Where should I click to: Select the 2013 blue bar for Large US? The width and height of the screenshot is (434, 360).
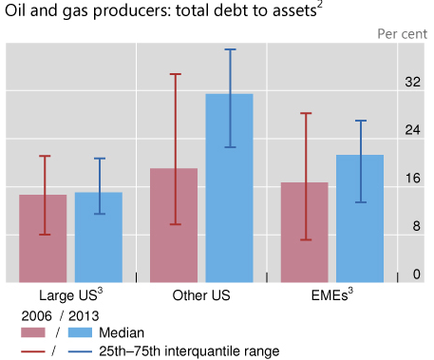tap(99, 237)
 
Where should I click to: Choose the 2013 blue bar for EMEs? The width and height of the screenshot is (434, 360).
tap(360, 218)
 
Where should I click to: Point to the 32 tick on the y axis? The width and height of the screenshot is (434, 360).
tap(411, 82)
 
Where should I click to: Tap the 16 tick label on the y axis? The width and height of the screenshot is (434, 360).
tap(411, 179)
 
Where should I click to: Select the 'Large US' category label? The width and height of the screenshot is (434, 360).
tap(68, 295)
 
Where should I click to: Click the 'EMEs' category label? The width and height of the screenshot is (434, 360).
tap(330, 295)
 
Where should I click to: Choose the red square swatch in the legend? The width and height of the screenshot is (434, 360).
tap(32, 332)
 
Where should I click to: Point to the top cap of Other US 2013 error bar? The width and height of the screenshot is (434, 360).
tap(230, 49)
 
